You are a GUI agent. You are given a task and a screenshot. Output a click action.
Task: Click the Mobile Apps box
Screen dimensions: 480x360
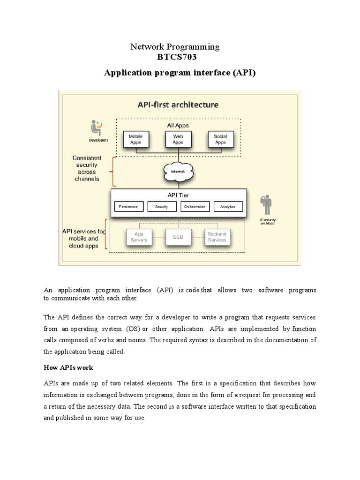click(135, 140)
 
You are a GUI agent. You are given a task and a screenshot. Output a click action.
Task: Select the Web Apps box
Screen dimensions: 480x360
click(178, 140)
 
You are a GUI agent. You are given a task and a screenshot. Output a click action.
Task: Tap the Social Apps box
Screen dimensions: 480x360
click(220, 140)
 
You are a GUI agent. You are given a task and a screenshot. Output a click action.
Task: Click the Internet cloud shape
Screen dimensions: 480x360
click(178, 172)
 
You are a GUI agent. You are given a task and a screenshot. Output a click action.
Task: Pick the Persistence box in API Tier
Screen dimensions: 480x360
click(129, 207)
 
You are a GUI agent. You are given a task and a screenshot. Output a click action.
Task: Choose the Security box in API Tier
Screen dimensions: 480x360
click(161, 207)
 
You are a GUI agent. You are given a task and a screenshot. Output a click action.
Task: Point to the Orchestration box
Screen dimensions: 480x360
click(195, 207)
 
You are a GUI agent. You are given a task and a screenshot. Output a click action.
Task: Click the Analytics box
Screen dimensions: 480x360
click(228, 207)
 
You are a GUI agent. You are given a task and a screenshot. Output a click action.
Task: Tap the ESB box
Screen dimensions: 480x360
click(178, 237)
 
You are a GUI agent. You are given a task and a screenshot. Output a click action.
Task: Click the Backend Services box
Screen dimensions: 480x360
click(217, 237)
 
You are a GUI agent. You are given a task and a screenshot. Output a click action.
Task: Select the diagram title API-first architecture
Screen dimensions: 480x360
click(178, 105)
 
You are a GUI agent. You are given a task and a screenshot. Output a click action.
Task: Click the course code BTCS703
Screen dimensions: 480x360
click(174, 58)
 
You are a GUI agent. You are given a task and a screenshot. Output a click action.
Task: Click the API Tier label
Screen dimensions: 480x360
click(178, 195)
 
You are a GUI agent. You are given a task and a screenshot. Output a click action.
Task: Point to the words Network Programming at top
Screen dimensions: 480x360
click(174, 46)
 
